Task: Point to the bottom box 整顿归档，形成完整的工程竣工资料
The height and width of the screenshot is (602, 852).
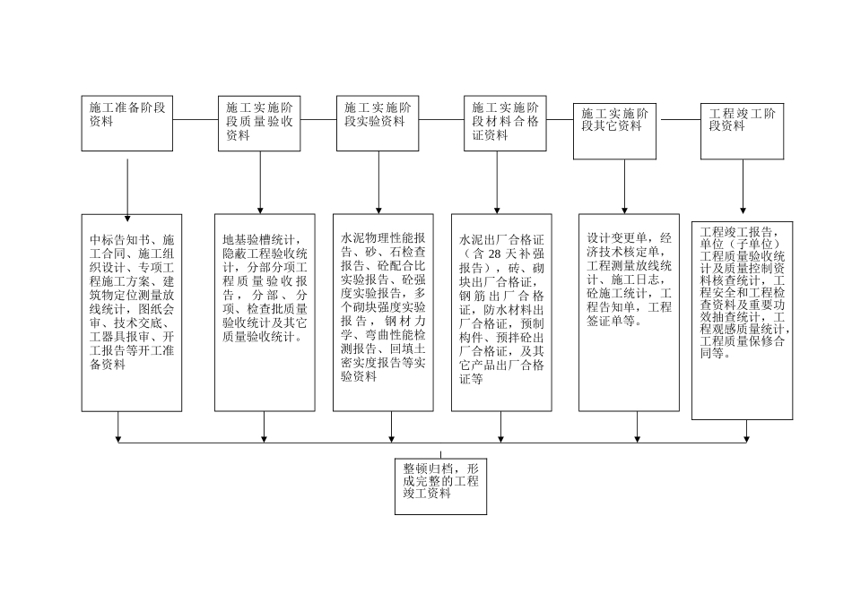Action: tap(440, 487)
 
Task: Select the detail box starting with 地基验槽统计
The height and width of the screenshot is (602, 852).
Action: tap(264, 312)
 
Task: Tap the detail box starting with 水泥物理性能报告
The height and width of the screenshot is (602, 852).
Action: tap(391, 312)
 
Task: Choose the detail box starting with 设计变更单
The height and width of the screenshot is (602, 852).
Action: tap(628, 312)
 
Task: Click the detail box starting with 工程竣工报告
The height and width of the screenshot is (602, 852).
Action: tap(742, 320)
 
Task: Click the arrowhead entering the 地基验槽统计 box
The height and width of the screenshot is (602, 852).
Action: tap(260, 209)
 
